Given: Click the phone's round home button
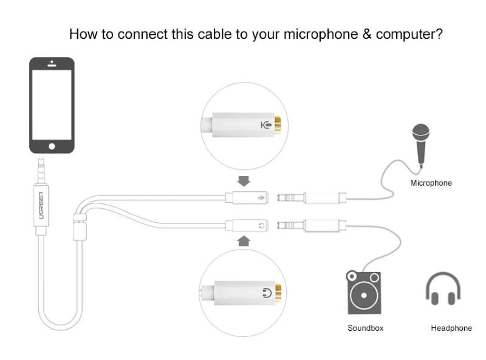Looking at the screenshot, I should pyautogui.click(x=52, y=146).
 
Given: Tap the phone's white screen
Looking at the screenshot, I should pyautogui.click(x=52, y=104).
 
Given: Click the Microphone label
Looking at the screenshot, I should pyautogui.click(x=431, y=183).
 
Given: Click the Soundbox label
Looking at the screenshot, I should pyautogui.click(x=365, y=328).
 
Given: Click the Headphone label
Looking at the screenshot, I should pyautogui.click(x=451, y=328).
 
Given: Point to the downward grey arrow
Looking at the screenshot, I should pyautogui.click(x=244, y=180).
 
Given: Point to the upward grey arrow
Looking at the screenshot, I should pyautogui.click(x=244, y=241).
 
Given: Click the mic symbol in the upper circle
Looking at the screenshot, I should pyautogui.click(x=265, y=126).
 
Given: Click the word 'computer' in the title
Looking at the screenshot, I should pyautogui.click(x=409, y=34).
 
